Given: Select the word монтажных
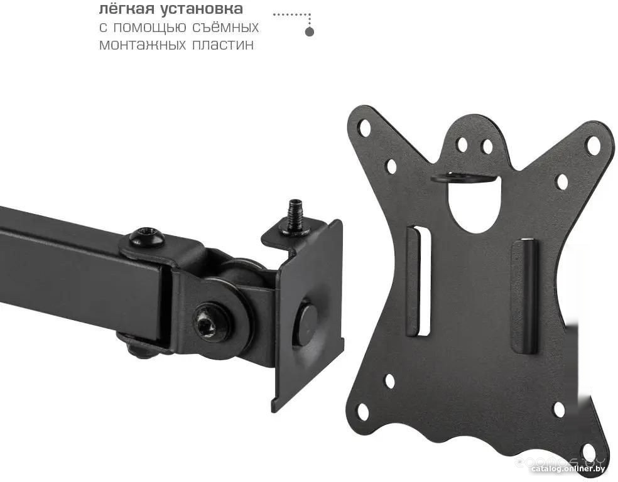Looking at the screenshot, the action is pyautogui.click(x=143, y=45).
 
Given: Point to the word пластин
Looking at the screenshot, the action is pyautogui.click(x=223, y=45).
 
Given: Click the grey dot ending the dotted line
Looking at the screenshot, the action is pyautogui.click(x=310, y=31).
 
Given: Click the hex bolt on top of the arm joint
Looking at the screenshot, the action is pyautogui.click(x=146, y=237).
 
